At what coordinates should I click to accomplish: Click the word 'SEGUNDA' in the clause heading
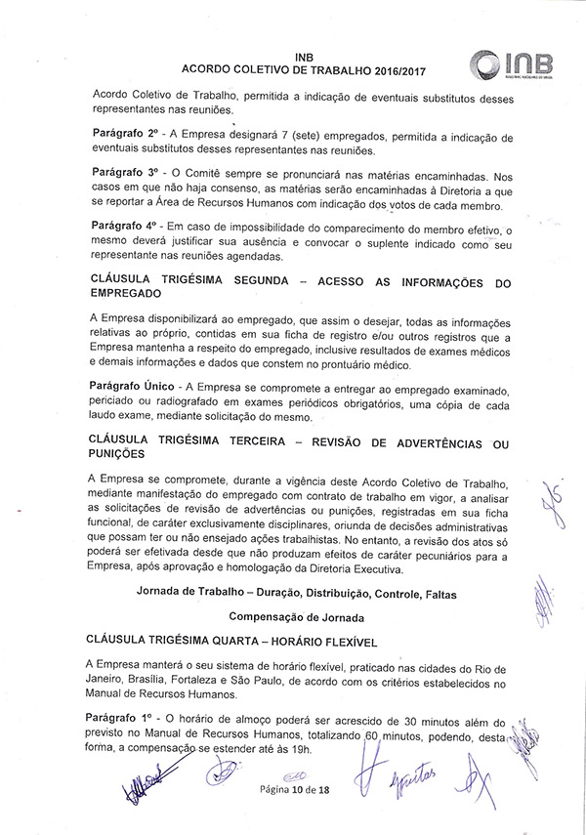[x=294, y=279]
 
